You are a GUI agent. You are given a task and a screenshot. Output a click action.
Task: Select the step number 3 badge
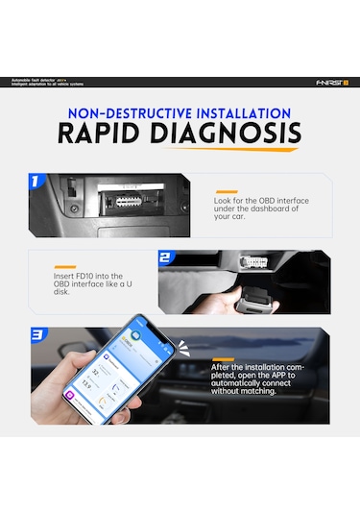[37, 336]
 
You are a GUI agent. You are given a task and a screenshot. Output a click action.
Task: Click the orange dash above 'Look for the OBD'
[226, 192]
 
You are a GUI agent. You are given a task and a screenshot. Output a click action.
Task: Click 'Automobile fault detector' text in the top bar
[38, 80]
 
